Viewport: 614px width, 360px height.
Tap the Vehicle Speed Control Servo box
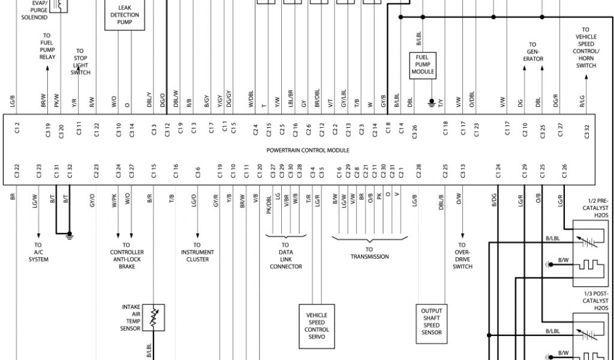(x=317, y=326)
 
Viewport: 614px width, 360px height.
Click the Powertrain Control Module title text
(x=308, y=151)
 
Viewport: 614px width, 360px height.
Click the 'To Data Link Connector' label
(x=285, y=256)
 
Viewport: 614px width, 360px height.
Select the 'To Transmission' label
(x=369, y=253)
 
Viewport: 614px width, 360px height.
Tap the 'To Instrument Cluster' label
(x=197, y=252)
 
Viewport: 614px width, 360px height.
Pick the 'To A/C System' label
(x=38, y=252)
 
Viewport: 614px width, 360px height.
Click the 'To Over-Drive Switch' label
(x=462, y=256)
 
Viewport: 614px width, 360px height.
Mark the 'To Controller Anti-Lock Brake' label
(x=126, y=256)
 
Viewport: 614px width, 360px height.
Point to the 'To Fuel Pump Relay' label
(x=47, y=46)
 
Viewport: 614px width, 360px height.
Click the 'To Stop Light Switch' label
(x=80, y=61)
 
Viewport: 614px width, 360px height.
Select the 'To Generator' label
(x=532, y=52)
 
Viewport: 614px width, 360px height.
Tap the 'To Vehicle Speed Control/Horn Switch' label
(x=586, y=47)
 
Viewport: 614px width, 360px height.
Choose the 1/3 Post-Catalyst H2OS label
(x=595, y=301)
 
